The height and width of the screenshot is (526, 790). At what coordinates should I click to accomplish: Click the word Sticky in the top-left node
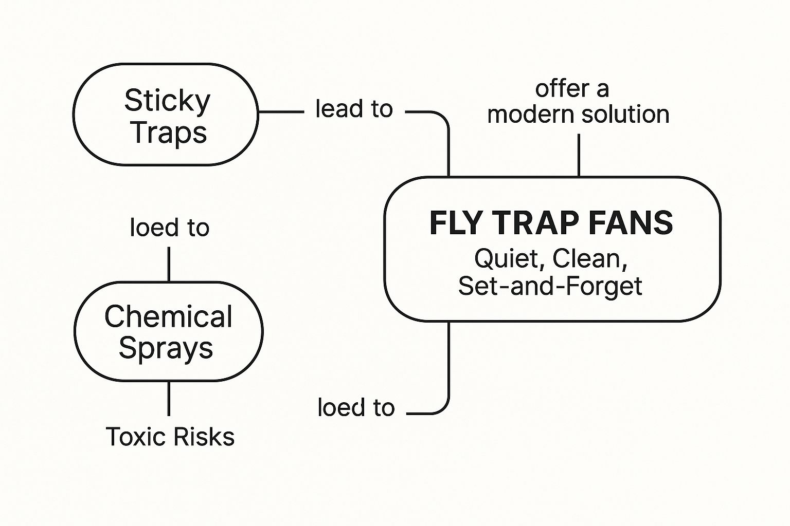(x=167, y=101)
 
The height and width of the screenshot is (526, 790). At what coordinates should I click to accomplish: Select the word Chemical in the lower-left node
(x=168, y=316)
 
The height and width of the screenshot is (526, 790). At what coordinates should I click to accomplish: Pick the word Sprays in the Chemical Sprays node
(x=166, y=348)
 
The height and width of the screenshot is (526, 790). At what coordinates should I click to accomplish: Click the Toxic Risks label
(x=170, y=437)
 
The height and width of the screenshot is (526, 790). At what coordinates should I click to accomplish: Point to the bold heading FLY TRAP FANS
(x=551, y=223)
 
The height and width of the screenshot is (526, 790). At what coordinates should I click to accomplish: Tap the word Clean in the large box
(x=589, y=258)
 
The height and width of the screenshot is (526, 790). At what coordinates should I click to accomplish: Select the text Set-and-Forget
(x=550, y=286)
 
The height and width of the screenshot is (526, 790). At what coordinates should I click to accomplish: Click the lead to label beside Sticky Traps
(x=354, y=109)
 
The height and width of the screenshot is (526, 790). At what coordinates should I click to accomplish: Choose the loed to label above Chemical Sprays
(x=169, y=228)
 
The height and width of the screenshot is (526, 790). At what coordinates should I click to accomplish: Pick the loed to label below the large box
(x=356, y=407)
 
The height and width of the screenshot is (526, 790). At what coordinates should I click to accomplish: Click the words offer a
(x=572, y=89)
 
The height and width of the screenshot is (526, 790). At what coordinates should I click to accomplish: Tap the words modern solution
(x=578, y=114)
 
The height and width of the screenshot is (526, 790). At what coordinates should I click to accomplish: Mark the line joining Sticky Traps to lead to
(x=281, y=111)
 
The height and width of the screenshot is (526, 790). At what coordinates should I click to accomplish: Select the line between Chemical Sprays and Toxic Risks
(x=169, y=399)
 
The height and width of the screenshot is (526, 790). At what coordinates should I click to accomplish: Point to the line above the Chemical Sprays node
(x=169, y=264)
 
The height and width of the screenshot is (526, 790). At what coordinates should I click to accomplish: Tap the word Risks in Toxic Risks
(x=203, y=437)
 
